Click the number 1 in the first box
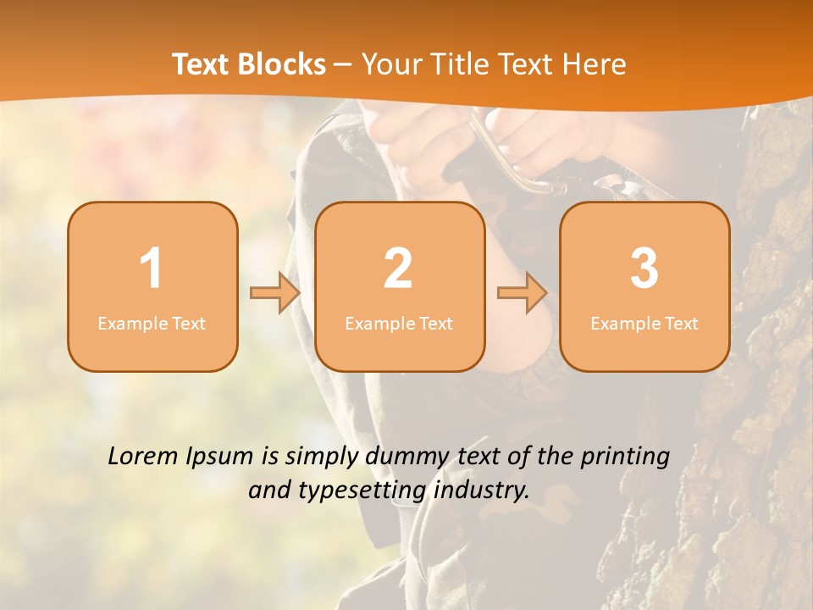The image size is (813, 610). click(x=151, y=269)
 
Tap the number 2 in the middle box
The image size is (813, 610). click(x=398, y=269)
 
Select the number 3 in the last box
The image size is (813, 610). click(x=644, y=269)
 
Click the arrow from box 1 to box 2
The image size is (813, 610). click(x=275, y=293)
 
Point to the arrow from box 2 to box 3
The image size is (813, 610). click(x=523, y=293)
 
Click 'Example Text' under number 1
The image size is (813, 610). click(x=152, y=323)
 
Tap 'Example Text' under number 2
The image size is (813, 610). click(x=399, y=323)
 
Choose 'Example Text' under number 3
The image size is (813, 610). click(x=644, y=323)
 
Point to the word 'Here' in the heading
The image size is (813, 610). click(x=595, y=64)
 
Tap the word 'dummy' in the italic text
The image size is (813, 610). click(x=402, y=456)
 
